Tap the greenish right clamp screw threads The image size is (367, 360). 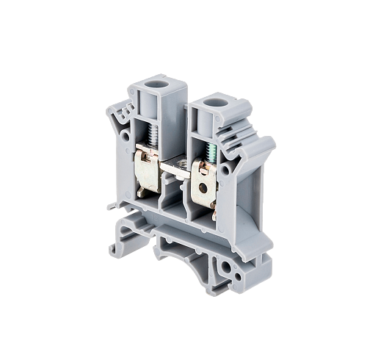click(x=213, y=153)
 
